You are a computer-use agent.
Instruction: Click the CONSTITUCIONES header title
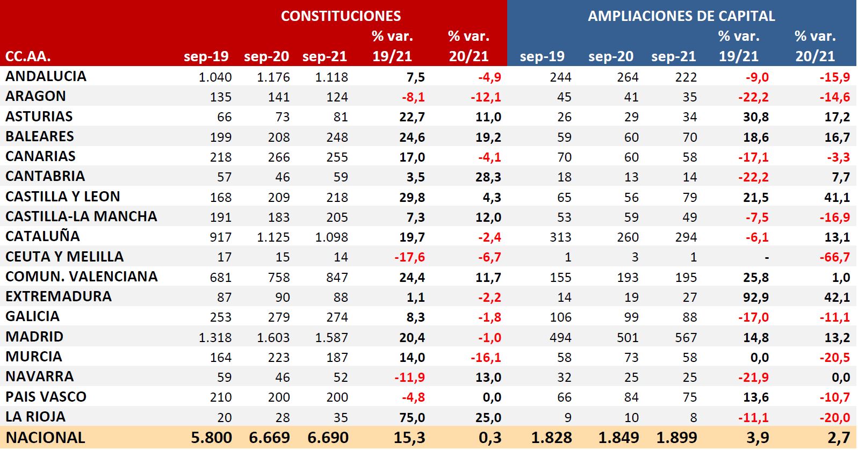click(x=341, y=16)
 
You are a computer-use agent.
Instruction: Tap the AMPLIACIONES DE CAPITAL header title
click(x=681, y=16)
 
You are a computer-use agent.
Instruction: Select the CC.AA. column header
click(x=28, y=56)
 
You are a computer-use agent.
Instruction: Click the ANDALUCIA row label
click(x=46, y=76)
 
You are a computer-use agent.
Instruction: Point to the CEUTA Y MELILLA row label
click(x=64, y=257)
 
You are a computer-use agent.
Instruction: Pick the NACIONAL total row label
click(x=46, y=438)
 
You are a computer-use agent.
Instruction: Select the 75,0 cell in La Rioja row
click(x=412, y=418)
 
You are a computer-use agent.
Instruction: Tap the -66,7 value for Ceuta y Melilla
click(x=834, y=257)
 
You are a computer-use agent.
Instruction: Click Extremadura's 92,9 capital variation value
click(x=756, y=297)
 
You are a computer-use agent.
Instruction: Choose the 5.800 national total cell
click(x=212, y=438)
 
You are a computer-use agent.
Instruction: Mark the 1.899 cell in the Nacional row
click(x=676, y=438)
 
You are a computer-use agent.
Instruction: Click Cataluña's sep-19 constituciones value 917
click(x=221, y=237)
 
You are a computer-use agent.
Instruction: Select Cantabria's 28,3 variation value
click(x=488, y=177)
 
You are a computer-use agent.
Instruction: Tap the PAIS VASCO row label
click(x=46, y=397)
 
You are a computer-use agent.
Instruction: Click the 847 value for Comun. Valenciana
click(x=337, y=278)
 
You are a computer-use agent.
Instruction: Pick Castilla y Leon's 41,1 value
click(x=837, y=198)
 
